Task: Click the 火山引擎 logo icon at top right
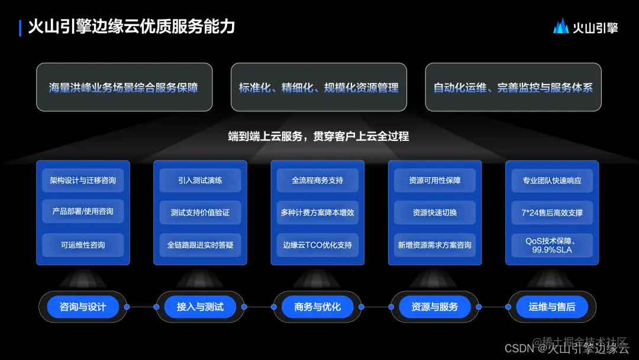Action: click(561, 27)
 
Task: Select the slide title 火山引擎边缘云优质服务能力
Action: click(131, 27)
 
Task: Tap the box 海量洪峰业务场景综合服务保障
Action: click(124, 87)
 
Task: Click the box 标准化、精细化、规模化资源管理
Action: click(318, 87)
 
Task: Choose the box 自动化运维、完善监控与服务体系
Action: click(513, 87)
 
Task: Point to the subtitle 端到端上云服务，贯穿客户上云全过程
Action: click(318, 136)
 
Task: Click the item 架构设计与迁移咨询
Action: click(82, 180)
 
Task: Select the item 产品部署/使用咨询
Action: click(82, 211)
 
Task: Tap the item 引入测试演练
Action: click(200, 180)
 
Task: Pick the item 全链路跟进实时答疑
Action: click(200, 245)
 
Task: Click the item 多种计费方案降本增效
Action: click(317, 212)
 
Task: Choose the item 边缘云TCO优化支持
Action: click(317, 245)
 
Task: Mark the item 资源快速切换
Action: click(435, 212)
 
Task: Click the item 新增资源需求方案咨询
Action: click(435, 245)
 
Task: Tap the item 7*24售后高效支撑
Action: click(552, 212)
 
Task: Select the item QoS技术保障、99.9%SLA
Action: click(552, 245)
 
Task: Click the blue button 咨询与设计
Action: click(83, 307)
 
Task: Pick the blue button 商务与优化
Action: click(318, 307)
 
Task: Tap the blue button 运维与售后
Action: click(552, 307)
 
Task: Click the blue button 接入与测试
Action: click(200, 307)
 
